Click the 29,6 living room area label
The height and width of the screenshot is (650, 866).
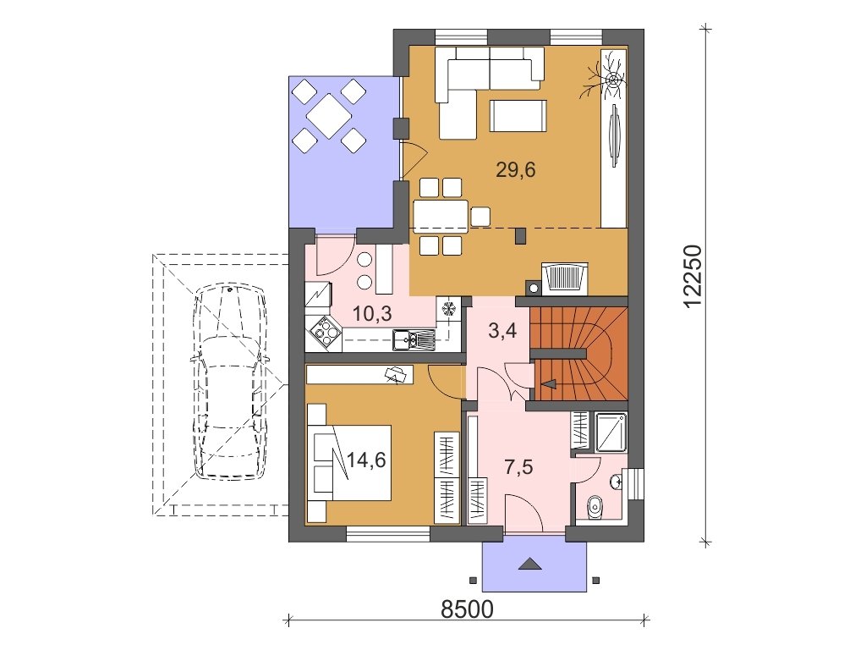click(x=516, y=169)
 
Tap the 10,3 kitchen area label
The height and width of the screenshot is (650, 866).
click(x=372, y=314)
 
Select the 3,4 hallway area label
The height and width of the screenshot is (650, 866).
click(x=502, y=331)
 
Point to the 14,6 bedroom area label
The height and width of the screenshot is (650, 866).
click(x=366, y=460)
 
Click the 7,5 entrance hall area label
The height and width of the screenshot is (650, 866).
click(x=518, y=467)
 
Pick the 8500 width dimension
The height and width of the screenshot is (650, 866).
click(x=467, y=609)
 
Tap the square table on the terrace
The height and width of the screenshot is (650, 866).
click(x=329, y=115)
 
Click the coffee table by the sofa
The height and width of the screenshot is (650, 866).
click(x=518, y=115)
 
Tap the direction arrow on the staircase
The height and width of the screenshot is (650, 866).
click(x=549, y=383)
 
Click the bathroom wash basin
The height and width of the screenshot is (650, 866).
click(x=617, y=482)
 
